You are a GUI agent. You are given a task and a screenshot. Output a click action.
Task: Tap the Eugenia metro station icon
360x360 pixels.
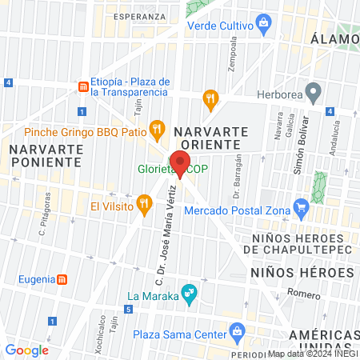coord(62,280)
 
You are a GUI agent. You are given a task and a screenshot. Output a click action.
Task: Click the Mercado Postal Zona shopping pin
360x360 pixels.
coord(301,210)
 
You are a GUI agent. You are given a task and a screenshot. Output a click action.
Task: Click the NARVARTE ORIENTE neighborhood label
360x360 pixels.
coord(207,137)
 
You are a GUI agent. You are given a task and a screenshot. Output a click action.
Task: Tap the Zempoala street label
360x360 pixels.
coord(234,54)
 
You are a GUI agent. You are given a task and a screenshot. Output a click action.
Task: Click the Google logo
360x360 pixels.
coord(27,350)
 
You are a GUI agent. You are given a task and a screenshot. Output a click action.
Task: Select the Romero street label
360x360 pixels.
coord(303,292)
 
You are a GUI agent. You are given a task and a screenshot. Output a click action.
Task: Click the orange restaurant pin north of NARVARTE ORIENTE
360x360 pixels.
coord(210,98)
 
